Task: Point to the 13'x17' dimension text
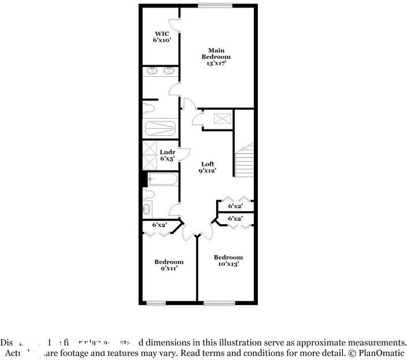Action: pyautogui.click(x=216, y=64)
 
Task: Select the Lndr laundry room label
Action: pyautogui.click(x=167, y=152)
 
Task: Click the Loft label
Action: pyautogui.click(x=208, y=164)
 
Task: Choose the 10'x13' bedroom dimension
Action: pyautogui.click(x=228, y=263)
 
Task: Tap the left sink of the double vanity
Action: pyautogui.click(x=153, y=71)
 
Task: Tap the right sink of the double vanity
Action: pyautogui.click(x=169, y=71)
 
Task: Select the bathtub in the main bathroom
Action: pyautogui.click(x=160, y=127)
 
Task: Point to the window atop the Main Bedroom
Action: pyautogui.click(x=215, y=6)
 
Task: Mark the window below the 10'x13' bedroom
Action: pyautogui.click(x=219, y=303)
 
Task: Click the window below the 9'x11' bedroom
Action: pyautogui.click(x=156, y=303)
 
